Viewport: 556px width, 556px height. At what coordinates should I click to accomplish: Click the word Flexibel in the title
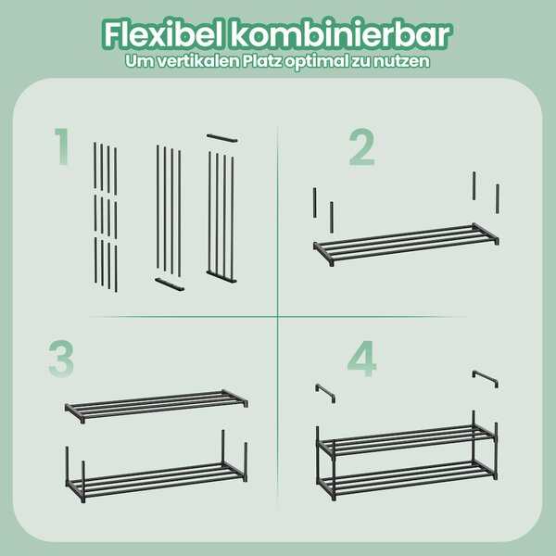pyautogui.click(x=164, y=35)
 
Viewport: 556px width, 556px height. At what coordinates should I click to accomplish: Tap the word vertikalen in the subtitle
pyautogui.click(x=198, y=61)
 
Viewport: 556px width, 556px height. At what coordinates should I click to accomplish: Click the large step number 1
pyautogui.click(x=62, y=146)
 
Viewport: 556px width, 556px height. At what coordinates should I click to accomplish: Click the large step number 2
pyautogui.click(x=362, y=147)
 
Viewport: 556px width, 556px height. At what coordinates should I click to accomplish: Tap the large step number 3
pyautogui.click(x=61, y=358)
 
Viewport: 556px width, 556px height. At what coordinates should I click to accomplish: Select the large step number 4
pyautogui.click(x=362, y=359)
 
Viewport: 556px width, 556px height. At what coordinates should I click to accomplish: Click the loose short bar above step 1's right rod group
pyautogui.click(x=222, y=138)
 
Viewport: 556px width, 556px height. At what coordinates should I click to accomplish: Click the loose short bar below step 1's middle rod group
pyautogui.click(x=170, y=284)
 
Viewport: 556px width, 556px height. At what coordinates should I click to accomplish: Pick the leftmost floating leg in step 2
pyautogui.click(x=314, y=202)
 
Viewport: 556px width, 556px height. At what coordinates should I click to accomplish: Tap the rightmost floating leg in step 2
pyautogui.click(x=498, y=198)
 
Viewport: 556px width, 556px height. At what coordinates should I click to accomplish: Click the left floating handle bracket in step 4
pyautogui.click(x=325, y=392)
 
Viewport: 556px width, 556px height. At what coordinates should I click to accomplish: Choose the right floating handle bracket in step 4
pyautogui.click(x=485, y=378)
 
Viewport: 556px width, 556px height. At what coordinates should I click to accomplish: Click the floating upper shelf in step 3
pyautogui.click(x=157, y=406)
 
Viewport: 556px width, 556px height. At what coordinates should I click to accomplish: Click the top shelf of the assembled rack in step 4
pyautogui.click(x=407, y=441)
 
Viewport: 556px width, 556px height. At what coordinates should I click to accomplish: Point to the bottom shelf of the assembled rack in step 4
pyautogui.click(x=407, y=478)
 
